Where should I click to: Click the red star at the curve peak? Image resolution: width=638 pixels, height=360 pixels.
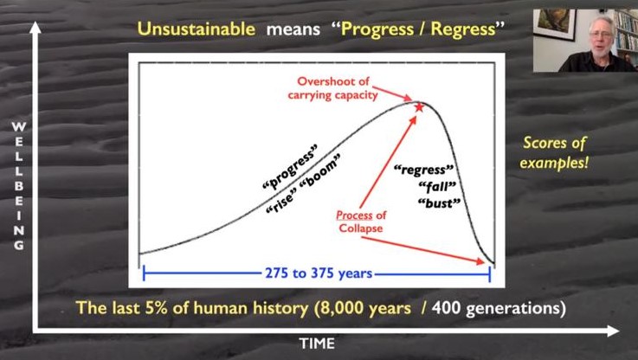(419, 107)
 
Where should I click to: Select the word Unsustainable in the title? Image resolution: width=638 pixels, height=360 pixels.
(197, 29)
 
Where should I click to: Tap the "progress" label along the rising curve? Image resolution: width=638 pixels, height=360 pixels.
(290, 167)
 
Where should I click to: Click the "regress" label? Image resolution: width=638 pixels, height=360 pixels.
(424, 170)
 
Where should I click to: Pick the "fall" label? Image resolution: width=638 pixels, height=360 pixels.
(437, 187)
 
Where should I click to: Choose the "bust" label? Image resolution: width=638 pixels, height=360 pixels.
(440, 202)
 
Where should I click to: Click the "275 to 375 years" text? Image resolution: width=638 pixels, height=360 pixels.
(319, 273)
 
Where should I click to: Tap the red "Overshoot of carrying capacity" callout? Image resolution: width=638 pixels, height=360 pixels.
(332, 88)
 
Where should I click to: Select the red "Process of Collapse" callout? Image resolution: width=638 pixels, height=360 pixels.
(361, 222)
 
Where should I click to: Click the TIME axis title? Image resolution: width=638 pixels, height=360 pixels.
(317, 344)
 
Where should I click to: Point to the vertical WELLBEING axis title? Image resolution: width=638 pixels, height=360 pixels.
(18, 186)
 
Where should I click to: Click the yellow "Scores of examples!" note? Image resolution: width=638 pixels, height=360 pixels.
(554, 152)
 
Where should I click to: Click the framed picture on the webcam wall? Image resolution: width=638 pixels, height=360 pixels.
(555, 23)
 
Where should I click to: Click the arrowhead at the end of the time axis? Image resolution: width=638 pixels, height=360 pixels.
(614, 331)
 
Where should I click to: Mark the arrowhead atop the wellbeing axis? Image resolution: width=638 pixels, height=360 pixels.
(35, 28)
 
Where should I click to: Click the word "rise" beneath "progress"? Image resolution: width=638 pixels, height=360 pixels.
(280, 203)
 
